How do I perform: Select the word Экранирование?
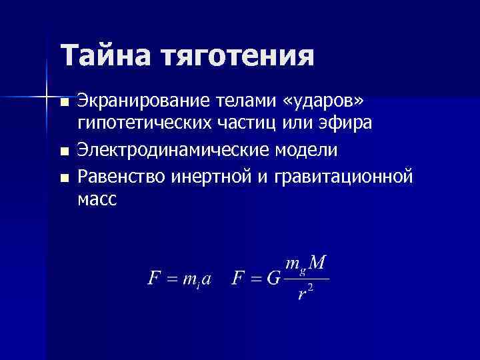tap(144, 101)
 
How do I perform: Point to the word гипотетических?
tap(144, 125)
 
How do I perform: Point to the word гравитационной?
tap(352, 178)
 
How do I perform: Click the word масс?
tap(97, 199)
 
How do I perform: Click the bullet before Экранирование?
tap(63, 103)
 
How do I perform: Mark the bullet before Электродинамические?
tap(63, 152)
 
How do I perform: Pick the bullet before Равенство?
tap(63, 178)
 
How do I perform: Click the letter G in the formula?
tap(273, 279)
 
